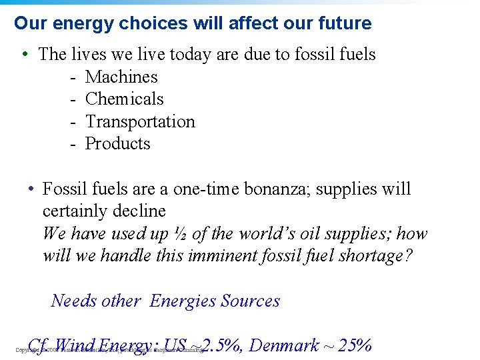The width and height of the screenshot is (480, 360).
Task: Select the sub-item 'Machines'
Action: pyautogui.click(x=121, y=77)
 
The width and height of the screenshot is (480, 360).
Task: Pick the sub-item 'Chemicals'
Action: pyautogui.click(x=125, y=99)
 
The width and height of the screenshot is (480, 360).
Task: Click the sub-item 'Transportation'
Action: pyautogui.click(x=140, y=121)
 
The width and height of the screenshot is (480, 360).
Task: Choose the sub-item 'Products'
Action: pyautogui.click(x=118, y=143)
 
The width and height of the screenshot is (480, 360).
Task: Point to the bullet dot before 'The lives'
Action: pyautogui.click(x=24, y=54)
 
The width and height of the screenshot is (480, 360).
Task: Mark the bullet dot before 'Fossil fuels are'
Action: pyautogui.click(x=31, y=189)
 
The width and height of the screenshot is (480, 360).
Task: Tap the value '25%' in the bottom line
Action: pyautogui.click(x=355, y=345)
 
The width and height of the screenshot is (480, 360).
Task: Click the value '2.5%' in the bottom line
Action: pyautogui.click(x=223, y=345)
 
